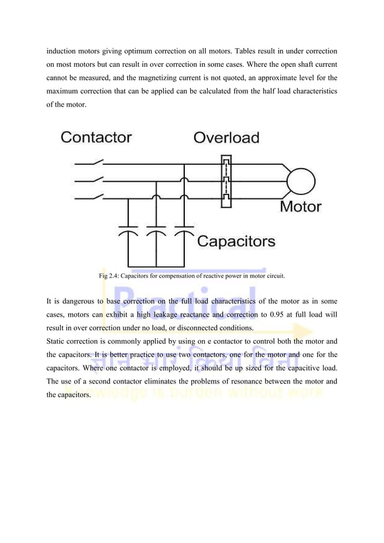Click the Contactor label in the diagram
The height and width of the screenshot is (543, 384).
96,137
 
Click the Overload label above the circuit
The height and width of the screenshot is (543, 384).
226,137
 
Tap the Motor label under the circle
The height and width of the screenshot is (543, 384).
301,206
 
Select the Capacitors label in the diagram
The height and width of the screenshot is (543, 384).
237,242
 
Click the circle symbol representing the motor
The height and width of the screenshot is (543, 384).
300,179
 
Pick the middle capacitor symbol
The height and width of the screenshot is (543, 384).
155,232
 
